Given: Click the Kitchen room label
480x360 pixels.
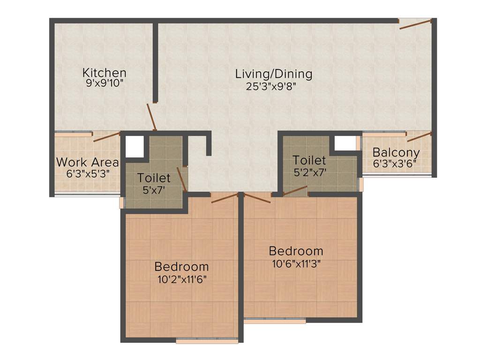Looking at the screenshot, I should (104, 73).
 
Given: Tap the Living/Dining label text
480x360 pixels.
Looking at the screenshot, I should (274, 74).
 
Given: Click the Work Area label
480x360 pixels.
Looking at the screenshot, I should (88, 162).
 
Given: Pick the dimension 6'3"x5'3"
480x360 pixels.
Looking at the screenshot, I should (88, 173).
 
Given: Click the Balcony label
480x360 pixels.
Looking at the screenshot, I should (396, 153).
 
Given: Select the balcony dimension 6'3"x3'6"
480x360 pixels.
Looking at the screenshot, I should (395, 164).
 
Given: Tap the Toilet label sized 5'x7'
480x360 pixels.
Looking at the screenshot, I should (154, 178).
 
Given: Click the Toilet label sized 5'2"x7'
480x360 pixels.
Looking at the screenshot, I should (309, 160).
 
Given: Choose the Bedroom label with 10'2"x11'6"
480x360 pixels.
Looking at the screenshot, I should (181, 267).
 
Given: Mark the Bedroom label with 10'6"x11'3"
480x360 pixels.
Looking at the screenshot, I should (296, 250).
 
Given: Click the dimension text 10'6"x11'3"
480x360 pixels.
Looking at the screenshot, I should (296, 263).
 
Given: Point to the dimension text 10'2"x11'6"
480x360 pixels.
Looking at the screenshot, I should (181, 279).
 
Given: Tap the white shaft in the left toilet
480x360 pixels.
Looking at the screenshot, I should (135, 146).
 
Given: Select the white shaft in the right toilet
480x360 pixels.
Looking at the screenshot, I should (345, 143).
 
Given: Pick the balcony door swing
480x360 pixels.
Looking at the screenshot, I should (419, 137).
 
